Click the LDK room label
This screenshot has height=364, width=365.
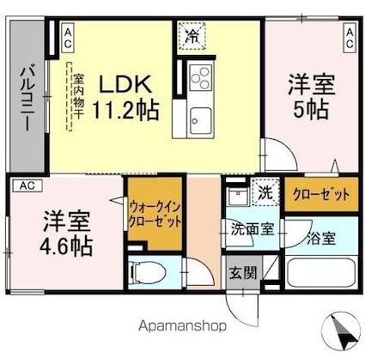125,84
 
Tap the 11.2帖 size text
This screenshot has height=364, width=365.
125,111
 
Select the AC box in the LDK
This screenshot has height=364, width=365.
68,39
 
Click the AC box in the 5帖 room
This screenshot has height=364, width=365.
350,39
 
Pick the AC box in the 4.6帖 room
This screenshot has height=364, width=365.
28,185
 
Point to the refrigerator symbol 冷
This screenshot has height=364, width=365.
192,36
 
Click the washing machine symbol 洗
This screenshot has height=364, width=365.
265,192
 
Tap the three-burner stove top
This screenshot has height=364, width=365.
200,77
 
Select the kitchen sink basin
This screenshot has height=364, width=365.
201,120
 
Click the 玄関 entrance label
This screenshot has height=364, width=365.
243,273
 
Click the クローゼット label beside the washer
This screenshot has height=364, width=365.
320,195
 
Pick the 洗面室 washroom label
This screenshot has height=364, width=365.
252,228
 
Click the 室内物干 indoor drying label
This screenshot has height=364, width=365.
77,97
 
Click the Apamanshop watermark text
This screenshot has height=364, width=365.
182,325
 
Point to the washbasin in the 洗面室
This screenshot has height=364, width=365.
238,197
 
